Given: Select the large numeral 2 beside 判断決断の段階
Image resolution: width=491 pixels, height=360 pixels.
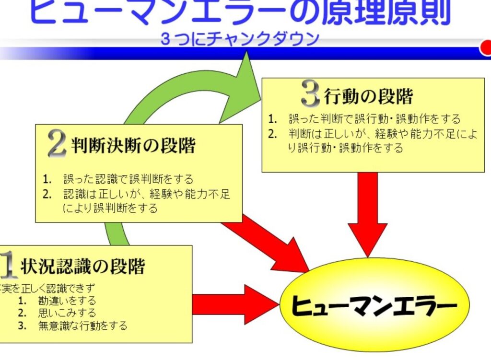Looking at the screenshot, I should [57, 144].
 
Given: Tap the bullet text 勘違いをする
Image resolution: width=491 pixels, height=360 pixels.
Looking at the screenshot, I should [67, 301].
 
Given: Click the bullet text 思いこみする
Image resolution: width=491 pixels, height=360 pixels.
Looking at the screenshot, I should [67, 313].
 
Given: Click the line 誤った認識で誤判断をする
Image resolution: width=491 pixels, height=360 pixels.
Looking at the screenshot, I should [128, 179].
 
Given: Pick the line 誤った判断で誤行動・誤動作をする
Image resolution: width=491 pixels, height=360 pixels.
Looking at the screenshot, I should [374, 118].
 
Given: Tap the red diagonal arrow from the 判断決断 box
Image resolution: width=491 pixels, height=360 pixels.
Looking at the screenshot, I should [269, 242].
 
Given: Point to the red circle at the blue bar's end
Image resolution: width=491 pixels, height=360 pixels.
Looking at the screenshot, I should [485, 48].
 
